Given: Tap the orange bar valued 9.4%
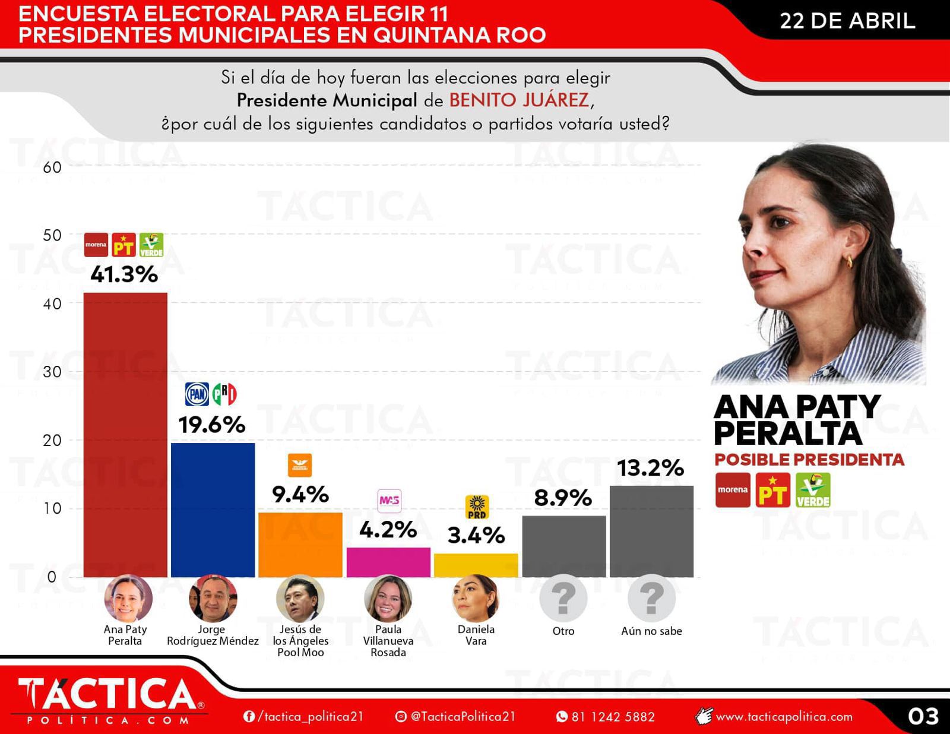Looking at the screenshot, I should pyautogui.click(x=300, y=544).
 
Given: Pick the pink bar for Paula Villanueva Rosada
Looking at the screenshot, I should pyautogui.click(x=388, y=562).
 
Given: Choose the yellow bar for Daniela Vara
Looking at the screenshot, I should pyautogui.click(x=476, y=565).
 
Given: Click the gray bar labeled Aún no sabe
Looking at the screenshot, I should pyautogui.click(x=651, y=531).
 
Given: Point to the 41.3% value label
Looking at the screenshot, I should pyautogui.click(x=124, y=274).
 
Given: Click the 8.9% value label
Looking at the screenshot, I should pyautogui.click(x=563, y=498).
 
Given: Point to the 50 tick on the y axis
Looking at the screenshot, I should pyautogui.click(x=52, y=235).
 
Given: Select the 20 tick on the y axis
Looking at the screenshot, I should pyautogui.click(x=52, y=440).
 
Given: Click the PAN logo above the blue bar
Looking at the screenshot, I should pyautogui.click(x=197, y=394).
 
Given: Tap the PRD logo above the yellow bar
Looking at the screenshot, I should pyautogui.click(x=476, y=507).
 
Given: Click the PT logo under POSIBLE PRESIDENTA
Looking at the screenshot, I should pyautogui.click(x=772, y=490).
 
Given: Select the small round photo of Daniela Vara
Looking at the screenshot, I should pyautogui.click(x=476, y=599).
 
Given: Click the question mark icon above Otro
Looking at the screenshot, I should pyautogui.click(x=563, y=599).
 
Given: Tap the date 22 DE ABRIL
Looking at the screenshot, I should pyautogui.click(x=847, y=21).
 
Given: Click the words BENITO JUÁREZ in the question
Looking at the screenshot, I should pyautogui.click(x=519, y=100).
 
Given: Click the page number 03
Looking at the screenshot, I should pyautogui.click(x=923, y=716).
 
